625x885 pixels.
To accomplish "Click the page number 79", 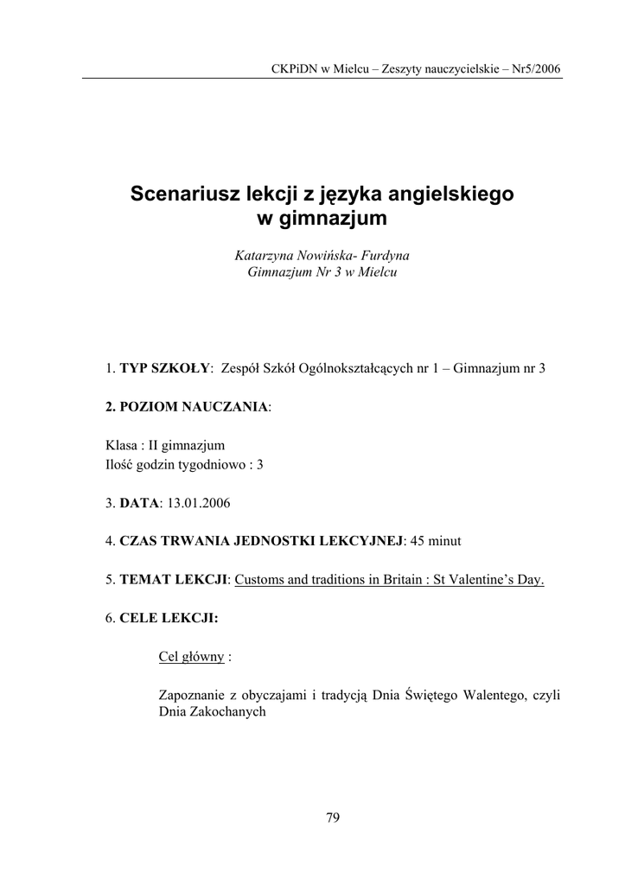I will pos(333,818).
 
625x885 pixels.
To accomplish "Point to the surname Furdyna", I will pos(382,256).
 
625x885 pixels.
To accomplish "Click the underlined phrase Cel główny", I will pos(192,657).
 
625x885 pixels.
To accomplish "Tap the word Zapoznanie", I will pos(194,696).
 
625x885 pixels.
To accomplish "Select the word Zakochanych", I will pos(230,714).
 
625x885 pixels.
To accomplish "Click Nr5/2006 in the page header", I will pos(536,67).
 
